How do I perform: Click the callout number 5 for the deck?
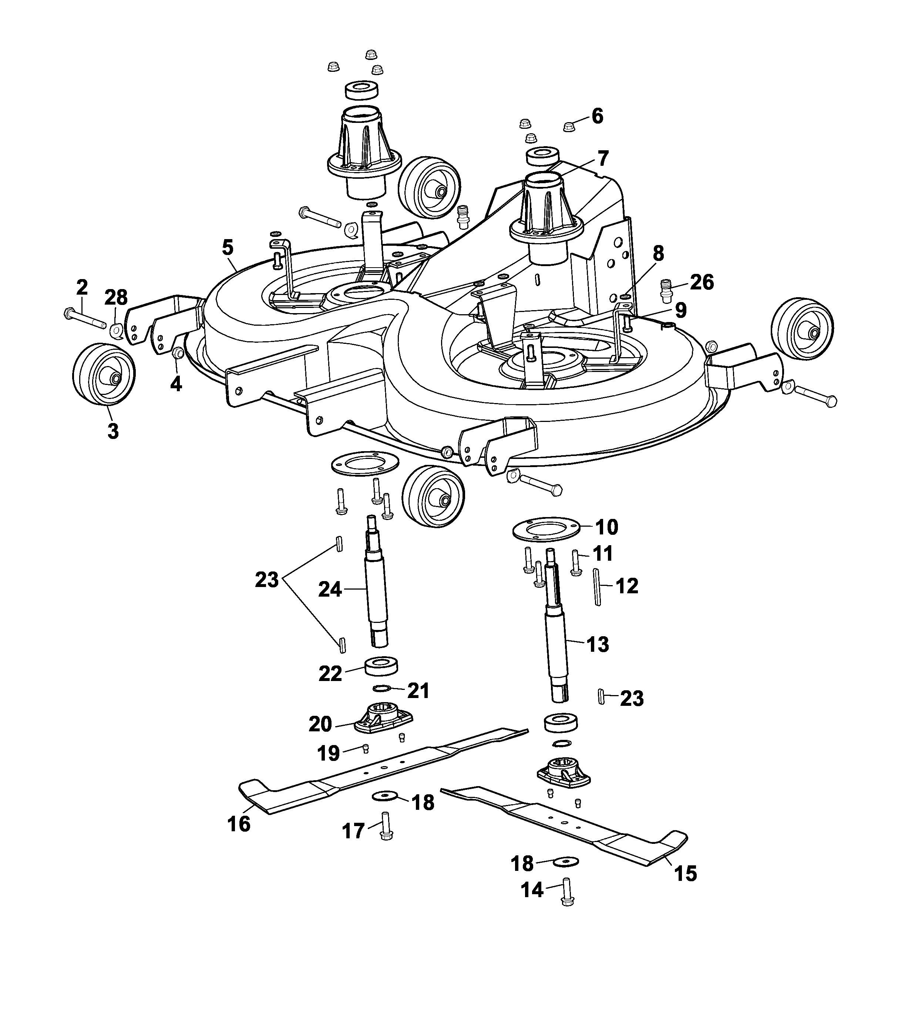pyautogui.click(x=228, y=247)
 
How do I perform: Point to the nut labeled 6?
pyautogui.click(x=568, y=127)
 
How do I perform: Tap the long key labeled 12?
pyautogui.click(x=597, y=587)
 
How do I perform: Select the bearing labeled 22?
pyautogui.click(x=382, y=666)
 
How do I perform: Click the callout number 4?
pyautogui.click(x=176, y=384)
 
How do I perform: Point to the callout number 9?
pyautogui.click(x=680, y=310)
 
